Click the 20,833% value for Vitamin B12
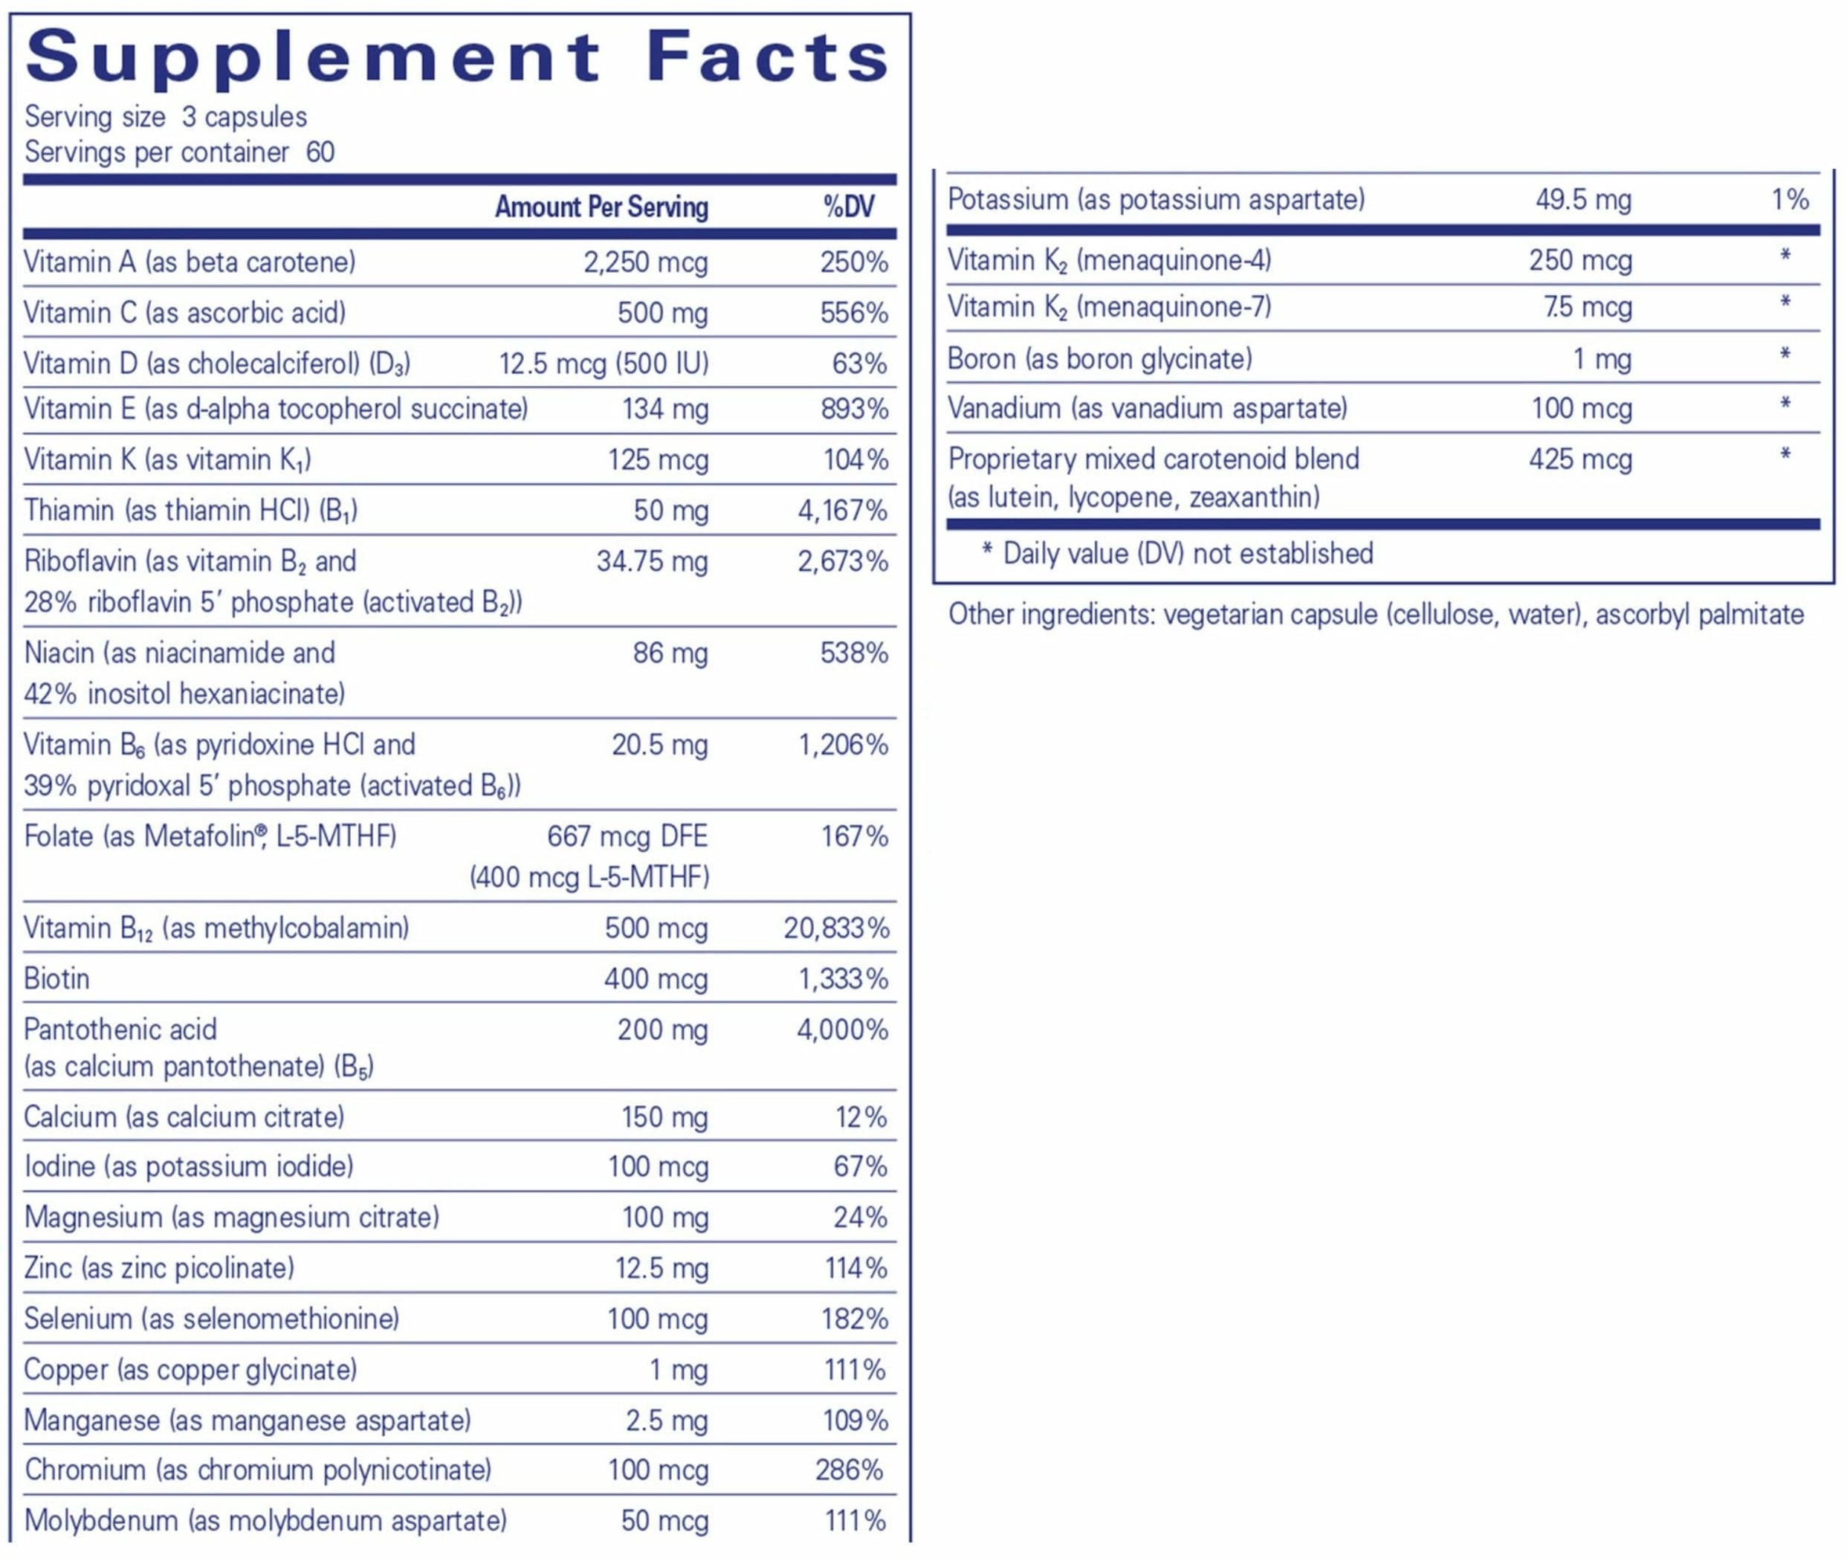pyautogui.click(x=835, y=928)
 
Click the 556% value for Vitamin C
pyautogui.click(x=853, y=313)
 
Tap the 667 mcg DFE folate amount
pyautogui.click(x=627, y=836)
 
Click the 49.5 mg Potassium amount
pyautogui.click(x=1582, y=200)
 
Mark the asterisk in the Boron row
pyautogui.click(x=1784, y=356)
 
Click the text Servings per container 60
pyautogui.click(x=179, y=152)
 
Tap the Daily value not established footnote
pyautogui.click(x=1177, y=554)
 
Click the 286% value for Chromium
pyautogui.click(x=849, y=1470)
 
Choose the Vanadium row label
pyautogui.click(x=1147, y=409)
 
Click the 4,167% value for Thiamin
pyautogui.click(x=841, y=511)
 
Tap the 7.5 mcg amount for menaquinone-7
pyautogui.click(x=1587, y=307)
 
